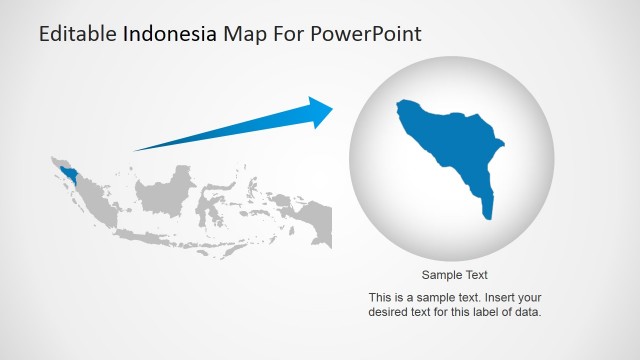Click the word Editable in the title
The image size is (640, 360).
tap(77, 34)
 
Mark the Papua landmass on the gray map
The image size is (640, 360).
tap(314, 223)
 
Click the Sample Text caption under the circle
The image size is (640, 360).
tap(454, 275)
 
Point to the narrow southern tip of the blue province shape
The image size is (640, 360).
tap(488, 212)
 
